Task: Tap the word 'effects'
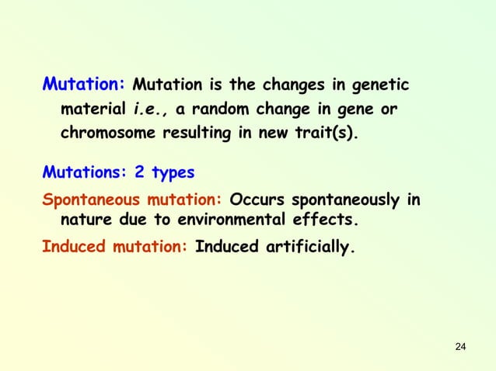point(324,220)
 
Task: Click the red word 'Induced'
point(71,248)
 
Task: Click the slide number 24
point(459,345)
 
